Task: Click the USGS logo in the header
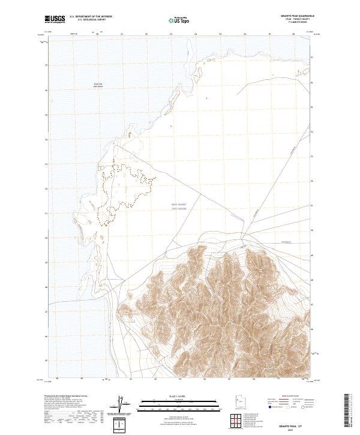pyautogui.click(x=55, y=19)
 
